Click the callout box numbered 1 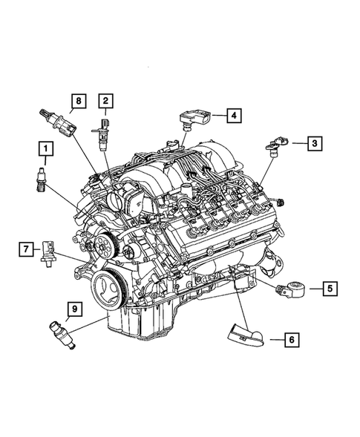[x=46, y=153]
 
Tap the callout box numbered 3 [x=315, y=142]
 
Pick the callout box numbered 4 [x=233, y=116]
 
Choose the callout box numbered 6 [x=292, y=340]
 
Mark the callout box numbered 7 [x=25, y=248]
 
